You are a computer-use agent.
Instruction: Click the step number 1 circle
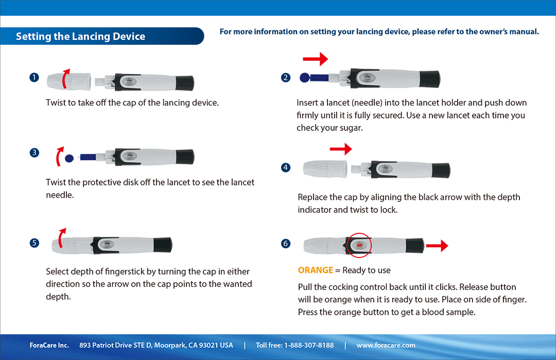[34, 78]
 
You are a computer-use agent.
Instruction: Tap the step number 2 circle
[286, 78]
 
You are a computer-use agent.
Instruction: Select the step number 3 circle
[34, 152]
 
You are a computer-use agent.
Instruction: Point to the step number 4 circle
[286, 167]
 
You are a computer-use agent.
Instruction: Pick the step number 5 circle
[34, 243]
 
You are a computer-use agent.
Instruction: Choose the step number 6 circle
[286, 244]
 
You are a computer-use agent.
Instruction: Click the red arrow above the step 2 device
[316, 59]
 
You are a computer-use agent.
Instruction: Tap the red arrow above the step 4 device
[341, 149]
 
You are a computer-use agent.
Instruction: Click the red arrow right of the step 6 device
[437, 246]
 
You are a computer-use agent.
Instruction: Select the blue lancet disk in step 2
[304, 78]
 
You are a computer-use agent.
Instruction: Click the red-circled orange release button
[359, 245]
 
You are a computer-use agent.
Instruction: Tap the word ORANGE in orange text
[315, 270]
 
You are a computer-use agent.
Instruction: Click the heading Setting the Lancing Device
[80, 37]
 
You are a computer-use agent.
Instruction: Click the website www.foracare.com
[386, 345]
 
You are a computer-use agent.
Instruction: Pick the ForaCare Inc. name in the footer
[49, 345]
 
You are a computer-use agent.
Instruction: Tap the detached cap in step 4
[323, 168]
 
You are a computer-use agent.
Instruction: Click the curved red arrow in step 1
[64, 78]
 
